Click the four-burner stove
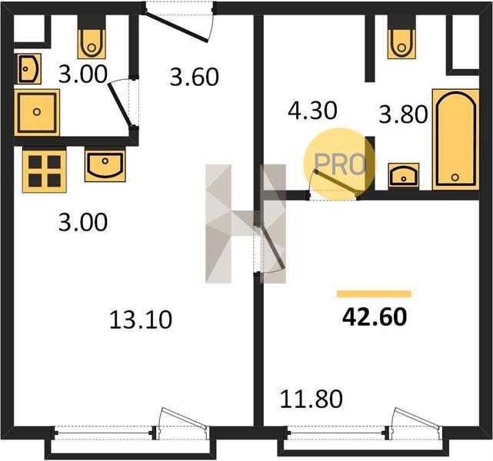point(45,171)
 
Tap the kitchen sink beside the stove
point(105,166)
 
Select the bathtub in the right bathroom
point(455,140)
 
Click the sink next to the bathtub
point(404,176)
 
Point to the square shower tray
point(37,112)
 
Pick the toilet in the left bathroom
point(92,44)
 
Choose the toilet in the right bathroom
point(401,44)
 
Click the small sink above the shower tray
point(29,69)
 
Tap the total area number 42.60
point(375,317)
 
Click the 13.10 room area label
point(141,320)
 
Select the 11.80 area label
point(311,399)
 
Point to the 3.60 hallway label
point(194,77)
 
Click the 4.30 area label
point(312,111)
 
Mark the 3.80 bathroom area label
point(403,114)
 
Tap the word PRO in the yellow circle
point(340,164)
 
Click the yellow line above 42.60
point(374,294)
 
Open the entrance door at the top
point(176,26)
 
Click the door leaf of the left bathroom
point(119,105)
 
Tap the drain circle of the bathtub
point(455,177)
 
